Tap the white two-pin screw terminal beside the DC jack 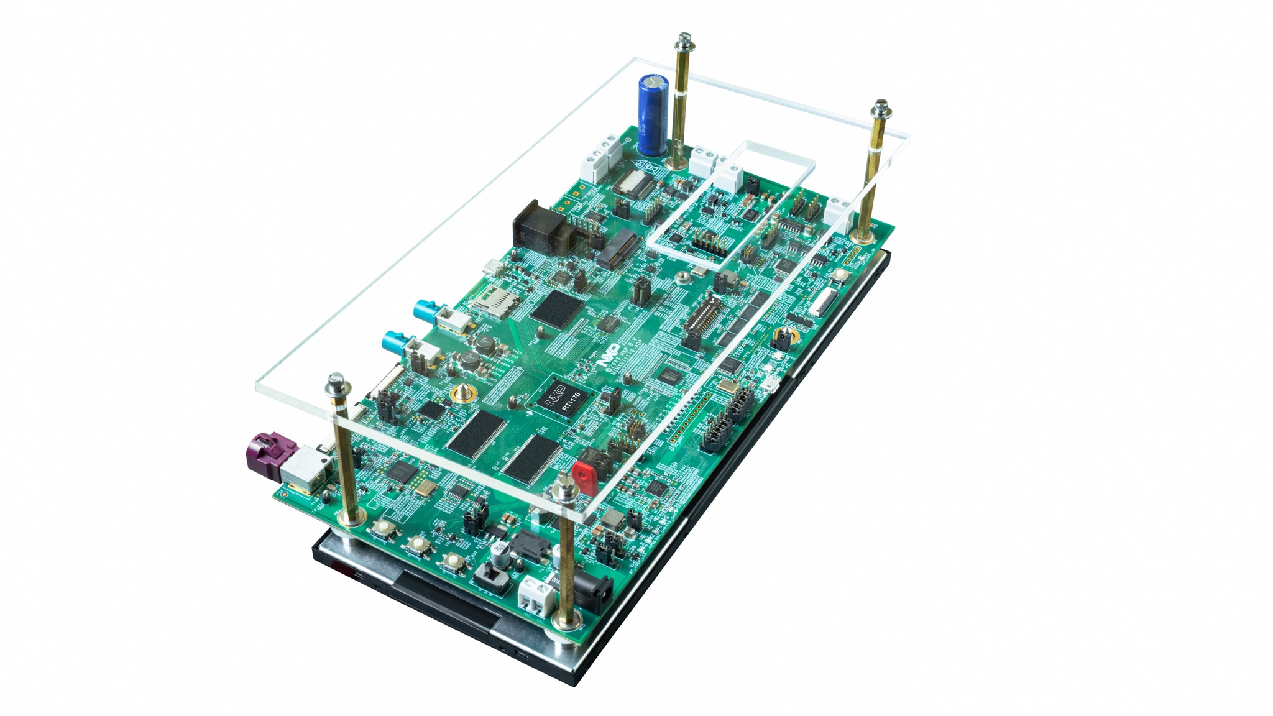click(x=533, y=593)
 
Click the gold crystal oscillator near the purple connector click(x=425, y=488)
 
